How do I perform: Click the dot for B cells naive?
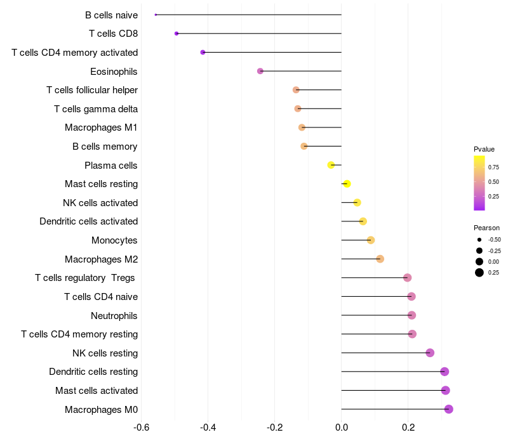click(x=156, y=15)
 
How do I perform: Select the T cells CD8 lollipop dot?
click(x=177, y=33)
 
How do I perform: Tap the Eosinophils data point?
click(x=260, y=71)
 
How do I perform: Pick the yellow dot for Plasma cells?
click(x=331, y=165)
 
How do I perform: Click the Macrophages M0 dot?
click(x=449, y=409)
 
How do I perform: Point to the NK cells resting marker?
click(x=430, y=353)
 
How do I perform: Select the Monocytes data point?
click(x=371, y=240)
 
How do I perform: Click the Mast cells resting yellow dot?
click(x=347, y=184)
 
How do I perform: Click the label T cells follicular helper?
click(x=92, y=90)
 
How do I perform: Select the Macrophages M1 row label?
click(x=101, y=127)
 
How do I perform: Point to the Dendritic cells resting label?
click(x=93, y=372)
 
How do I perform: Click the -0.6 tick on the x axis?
click(x=142, y=428)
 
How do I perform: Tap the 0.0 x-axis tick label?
click(x=342, y=428)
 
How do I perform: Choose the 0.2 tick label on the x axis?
click(x=408, y=428)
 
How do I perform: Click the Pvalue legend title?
click(x=484, y=149)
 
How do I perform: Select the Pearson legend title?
click(x=486, y=228)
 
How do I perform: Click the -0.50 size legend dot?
click(x=479, y=240)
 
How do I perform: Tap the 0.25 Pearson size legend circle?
click(x=479, y=273)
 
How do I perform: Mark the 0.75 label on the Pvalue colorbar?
click(x=494, y=167)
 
